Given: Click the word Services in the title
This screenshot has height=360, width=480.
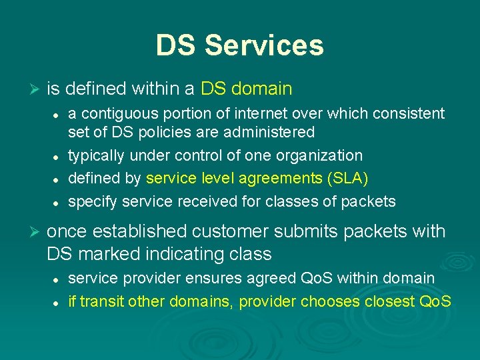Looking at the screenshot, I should pyautogui.click(x=264, y=45).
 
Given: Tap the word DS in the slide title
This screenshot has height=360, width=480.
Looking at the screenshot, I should pyautogui.click(x=177, y=45).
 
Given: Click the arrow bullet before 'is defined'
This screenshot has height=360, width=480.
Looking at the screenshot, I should pyautogui.click(x=37, y=89).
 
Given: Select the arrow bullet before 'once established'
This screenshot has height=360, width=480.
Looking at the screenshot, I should pyautogui.click(x=37, y=232).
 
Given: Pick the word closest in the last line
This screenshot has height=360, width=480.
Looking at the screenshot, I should pyautogui.click(x=386, y=301).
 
